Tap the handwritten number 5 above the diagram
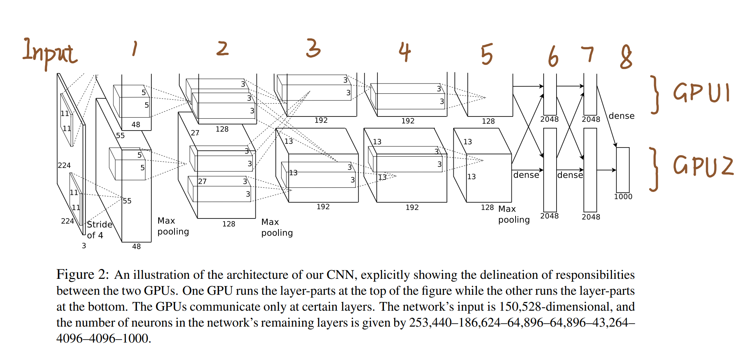click(x=487, y=54)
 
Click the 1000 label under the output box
click(x=623, y=197)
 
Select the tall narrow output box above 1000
click(x=623, y=170)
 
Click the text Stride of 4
click(x=99, y=230)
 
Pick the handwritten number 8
click(x=626, y=57)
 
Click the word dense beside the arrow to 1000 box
click(x=621, y=116)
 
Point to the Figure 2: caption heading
click(x=82, y=274)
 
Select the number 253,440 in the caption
click(x=430, y=322)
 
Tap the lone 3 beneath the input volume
click(x=84, y=246)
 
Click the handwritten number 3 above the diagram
click(x=313, y=48)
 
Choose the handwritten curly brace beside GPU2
click(x=654, y=169)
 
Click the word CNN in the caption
click(x=340, y=274)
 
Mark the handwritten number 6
click(x=553, y=56)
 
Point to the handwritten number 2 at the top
click(x=223, y=49)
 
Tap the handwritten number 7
click(x=587, y=54)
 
